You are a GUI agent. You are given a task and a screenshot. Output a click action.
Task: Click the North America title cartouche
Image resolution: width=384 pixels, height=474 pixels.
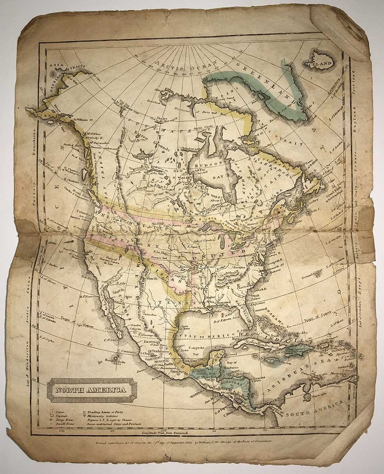[x=92, y=390]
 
